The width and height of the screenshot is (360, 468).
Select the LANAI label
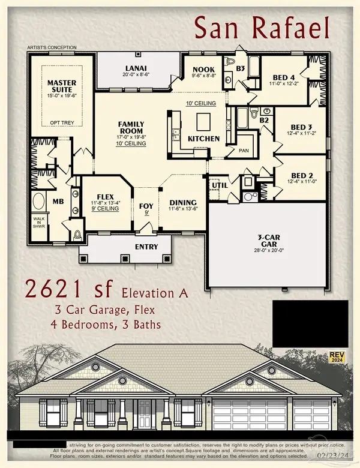point(139,68)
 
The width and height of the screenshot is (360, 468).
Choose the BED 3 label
point(301,127)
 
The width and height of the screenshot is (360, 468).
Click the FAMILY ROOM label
point(130,127)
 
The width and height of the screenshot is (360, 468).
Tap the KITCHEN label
point(204,139)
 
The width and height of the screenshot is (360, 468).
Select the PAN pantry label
point(244,151)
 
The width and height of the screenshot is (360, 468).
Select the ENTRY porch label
point(146,247)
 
